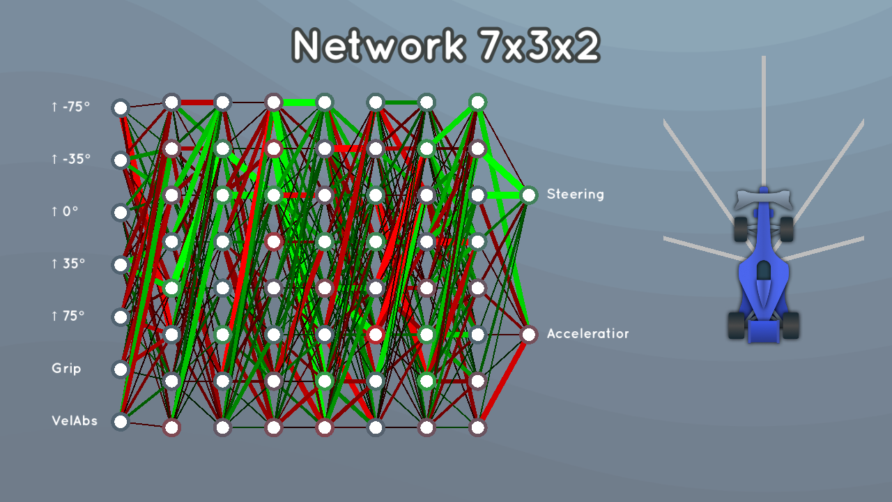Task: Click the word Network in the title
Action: point(378,45)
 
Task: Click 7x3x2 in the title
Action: point(539,45)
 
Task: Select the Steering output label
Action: point(575,195)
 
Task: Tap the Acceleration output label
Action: point(587,333)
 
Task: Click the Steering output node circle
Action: point(529,195)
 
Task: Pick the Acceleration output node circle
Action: point(529,335)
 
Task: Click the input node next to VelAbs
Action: point(121,422)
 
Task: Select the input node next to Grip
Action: point(121,370)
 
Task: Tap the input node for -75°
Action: point(121,108)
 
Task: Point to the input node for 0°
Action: point(121,213)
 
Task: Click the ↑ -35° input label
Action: point(71,160)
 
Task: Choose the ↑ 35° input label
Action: point(68,264)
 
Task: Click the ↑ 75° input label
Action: point(68,316)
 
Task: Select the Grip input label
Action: point(66,369)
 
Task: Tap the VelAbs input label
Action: point(75,420)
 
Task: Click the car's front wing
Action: point(763,199)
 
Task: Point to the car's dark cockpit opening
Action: point(763,271)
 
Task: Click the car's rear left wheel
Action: point(737,326)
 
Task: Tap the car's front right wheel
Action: point(787,229)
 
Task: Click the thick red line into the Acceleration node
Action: point(503,381)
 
